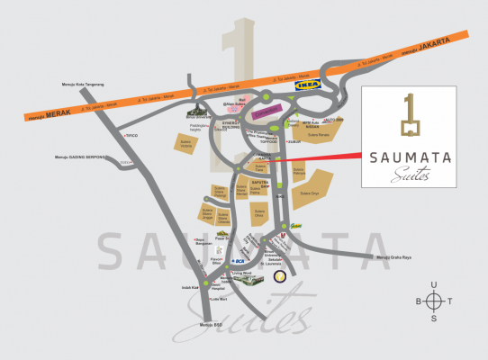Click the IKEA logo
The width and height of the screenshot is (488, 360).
point(308,85)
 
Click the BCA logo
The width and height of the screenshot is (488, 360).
point(240,261)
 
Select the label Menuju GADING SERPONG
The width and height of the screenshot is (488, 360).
point(81,157)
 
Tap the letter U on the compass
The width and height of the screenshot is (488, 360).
point(434,285)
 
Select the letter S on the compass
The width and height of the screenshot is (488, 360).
point(434,318)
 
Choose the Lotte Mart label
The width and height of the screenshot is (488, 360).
point(218,299)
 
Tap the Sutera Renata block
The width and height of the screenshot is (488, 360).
point(321,135)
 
